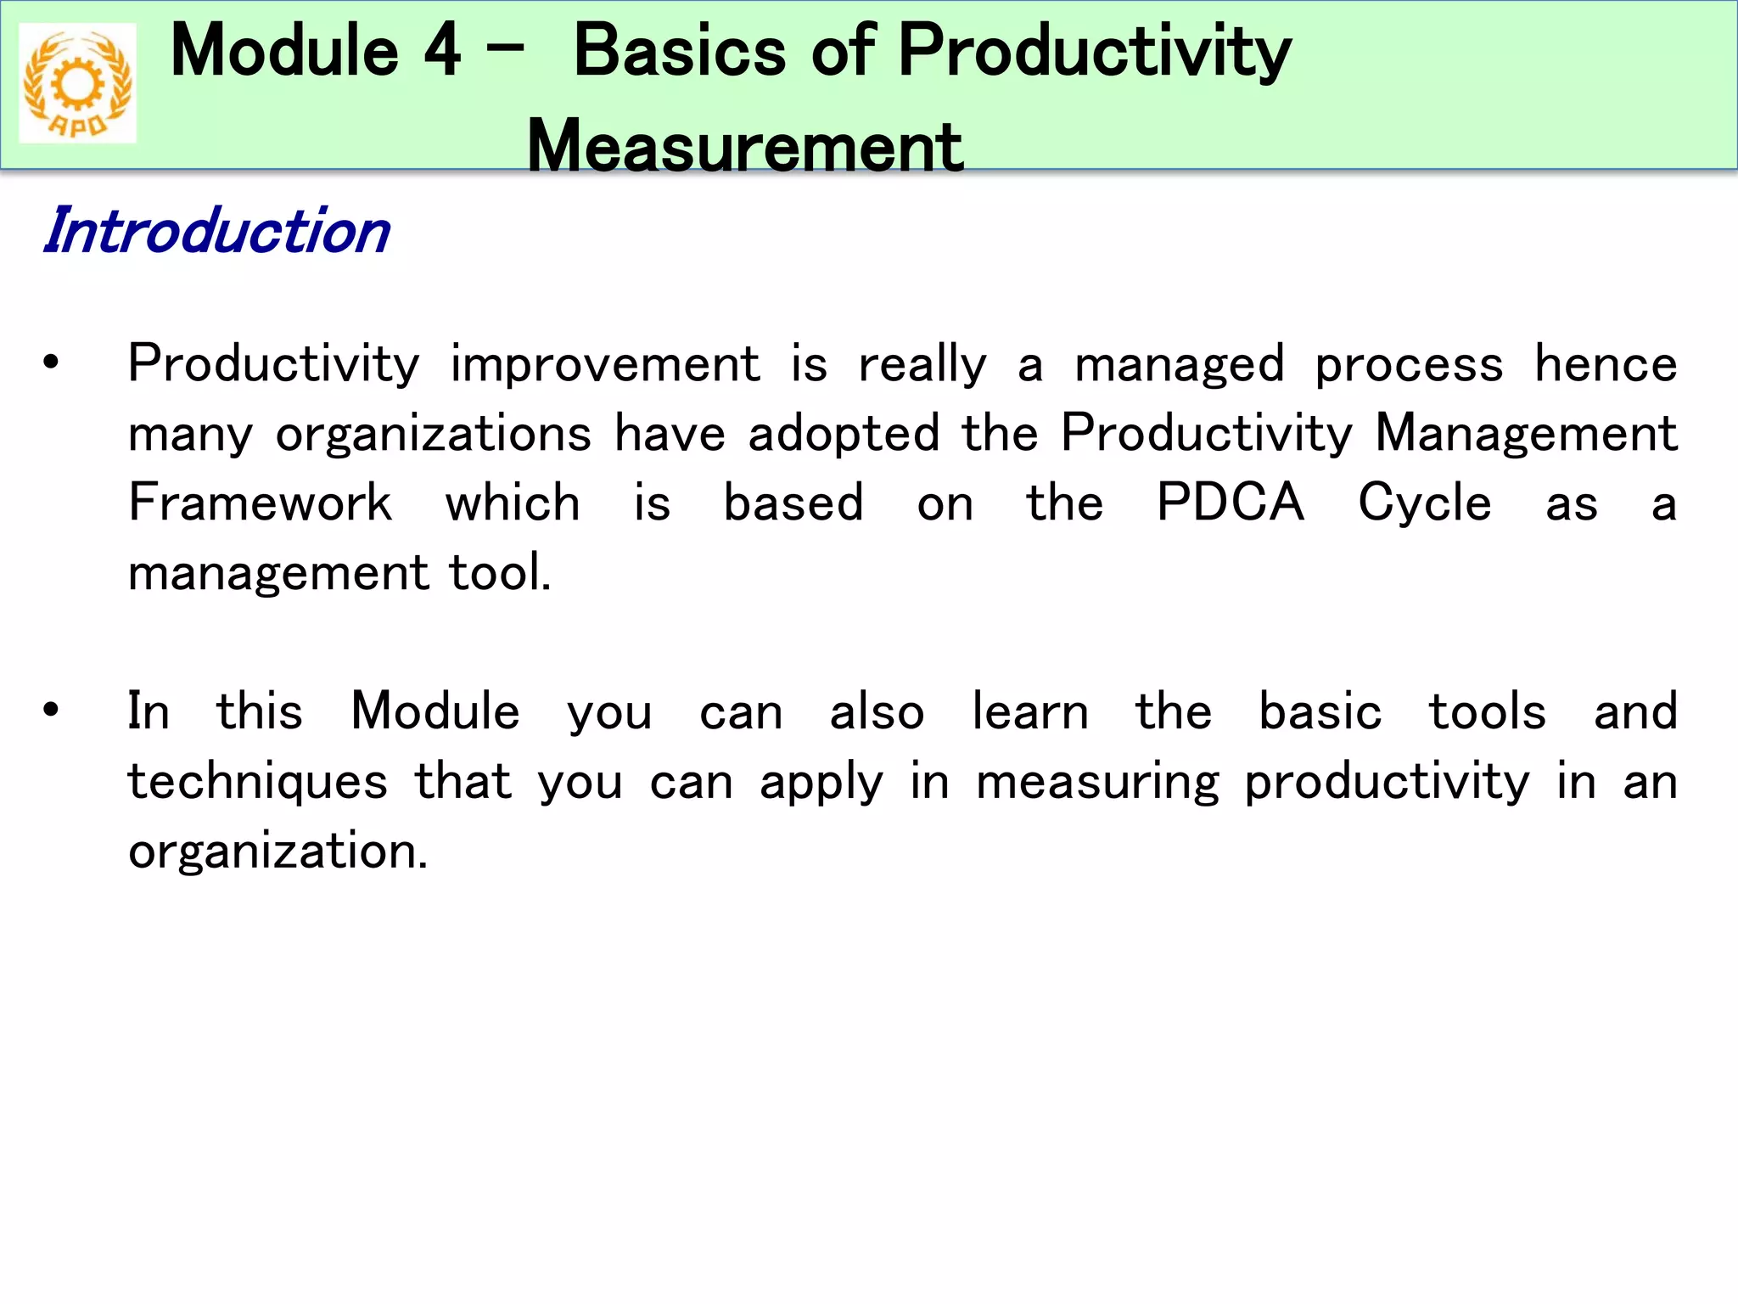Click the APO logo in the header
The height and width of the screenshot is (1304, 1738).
pyautogui.click(x=77, y=83)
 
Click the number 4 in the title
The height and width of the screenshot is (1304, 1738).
pyautogui.click(x=442, y=51)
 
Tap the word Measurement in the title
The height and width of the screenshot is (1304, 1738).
pyautogui.click(x=744, y=146)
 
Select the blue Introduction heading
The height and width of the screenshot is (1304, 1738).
pyautogui.click(x=217, y=231)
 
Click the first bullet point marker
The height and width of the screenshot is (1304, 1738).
pyautogui.click(x=51, y=363)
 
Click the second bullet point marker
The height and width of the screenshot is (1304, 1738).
pyautogui.click(x=51, y=710)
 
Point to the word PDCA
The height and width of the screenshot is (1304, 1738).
pyautogui.click(x=1230, y=503)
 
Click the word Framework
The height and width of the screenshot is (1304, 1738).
pyautogui.click(x=260, y=503)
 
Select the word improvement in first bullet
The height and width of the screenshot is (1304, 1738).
pyautogui.click(x=604, y=365)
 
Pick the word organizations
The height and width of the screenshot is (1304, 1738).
pyautogui.click(x=433, y=435)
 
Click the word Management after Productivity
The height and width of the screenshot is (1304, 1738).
pyautogui.click(x=1525, y=435)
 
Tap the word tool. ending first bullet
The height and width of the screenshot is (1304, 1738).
pyautogui.click(x=500, y=572)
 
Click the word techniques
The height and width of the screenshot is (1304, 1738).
pyautogui.click(x=258, y=783)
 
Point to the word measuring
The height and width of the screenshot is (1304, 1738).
pyautogui.click(x=1097, y=783)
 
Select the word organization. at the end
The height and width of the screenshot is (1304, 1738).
pyautogui.click(x=278, y=852)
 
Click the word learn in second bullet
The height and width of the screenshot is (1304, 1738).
pyautogui.click(x=1029, y=711)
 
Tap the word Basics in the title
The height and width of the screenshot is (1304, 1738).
pyautogui.click(x=680, y=51)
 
